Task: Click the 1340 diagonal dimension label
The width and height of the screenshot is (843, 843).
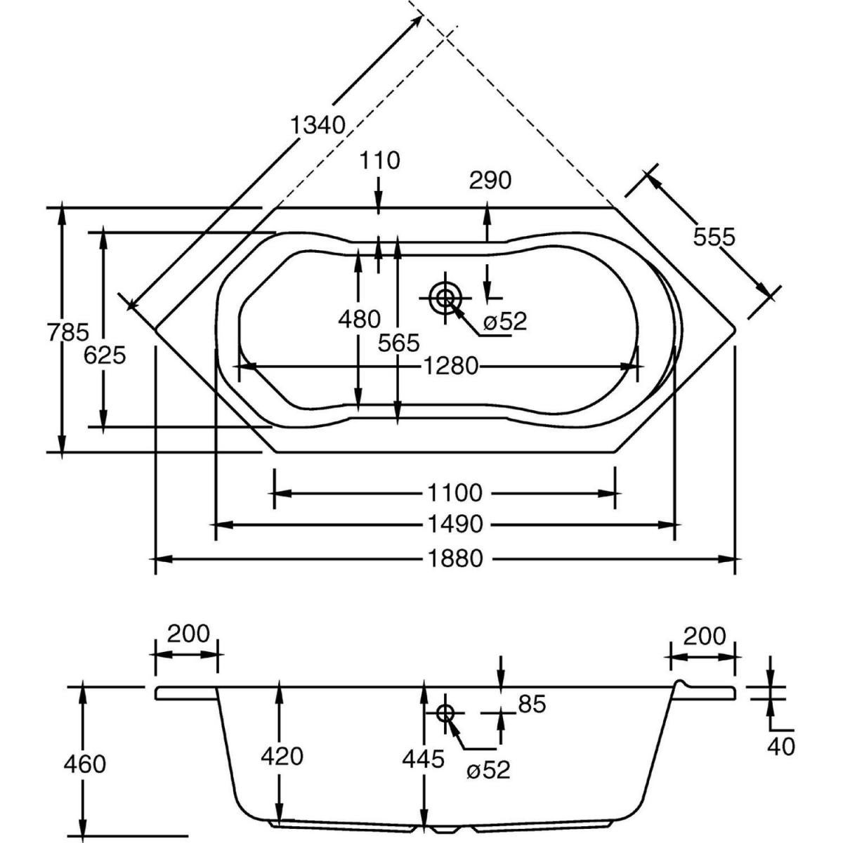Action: click(x=318, y=125)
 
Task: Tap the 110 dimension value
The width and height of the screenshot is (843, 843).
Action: click(x=379, y=161)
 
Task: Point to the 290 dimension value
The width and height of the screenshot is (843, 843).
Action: click(x=490, y=181)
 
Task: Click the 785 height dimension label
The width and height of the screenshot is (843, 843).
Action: click(x=68, y=331)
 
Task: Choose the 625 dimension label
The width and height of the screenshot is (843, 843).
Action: click(x=104, y=355)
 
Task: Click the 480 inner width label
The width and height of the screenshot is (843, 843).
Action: click(x=359, y=320)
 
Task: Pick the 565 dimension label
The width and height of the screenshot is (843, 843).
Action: click(x=398, y=344)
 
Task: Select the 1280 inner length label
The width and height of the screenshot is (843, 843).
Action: click(x=450, y=366)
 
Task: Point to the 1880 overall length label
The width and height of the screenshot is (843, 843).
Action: click(x=454, y=558)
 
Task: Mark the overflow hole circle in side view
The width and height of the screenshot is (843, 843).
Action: click(x=445, y=712)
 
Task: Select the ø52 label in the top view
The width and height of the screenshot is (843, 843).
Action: click(x=504, y=322)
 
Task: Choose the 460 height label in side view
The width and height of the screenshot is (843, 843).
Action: click(x=84, y=764)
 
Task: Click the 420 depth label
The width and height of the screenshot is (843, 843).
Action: click(x=282, y=756)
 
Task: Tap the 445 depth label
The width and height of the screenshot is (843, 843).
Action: click(x=424, y=758)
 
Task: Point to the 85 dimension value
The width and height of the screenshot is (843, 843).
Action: click(x=532, y=704)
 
